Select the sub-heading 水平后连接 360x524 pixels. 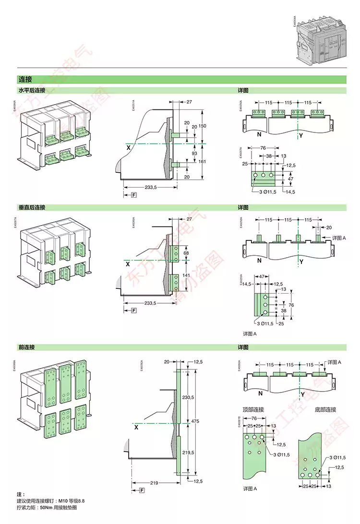(32, 90)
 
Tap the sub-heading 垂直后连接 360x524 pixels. (32, 207)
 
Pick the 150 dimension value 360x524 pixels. (202, 125)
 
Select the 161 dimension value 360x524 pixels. (202, 161)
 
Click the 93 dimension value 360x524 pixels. (194, 153)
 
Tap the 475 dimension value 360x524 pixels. (195, 421)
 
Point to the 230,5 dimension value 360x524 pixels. (188, 398)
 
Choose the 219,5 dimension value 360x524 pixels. (188, 453)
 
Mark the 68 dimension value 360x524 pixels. (187, 252)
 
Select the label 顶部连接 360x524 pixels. (253, 409)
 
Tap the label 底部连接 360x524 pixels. (325, 409)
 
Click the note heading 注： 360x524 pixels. (21, 494)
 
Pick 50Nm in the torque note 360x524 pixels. (47, 507)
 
